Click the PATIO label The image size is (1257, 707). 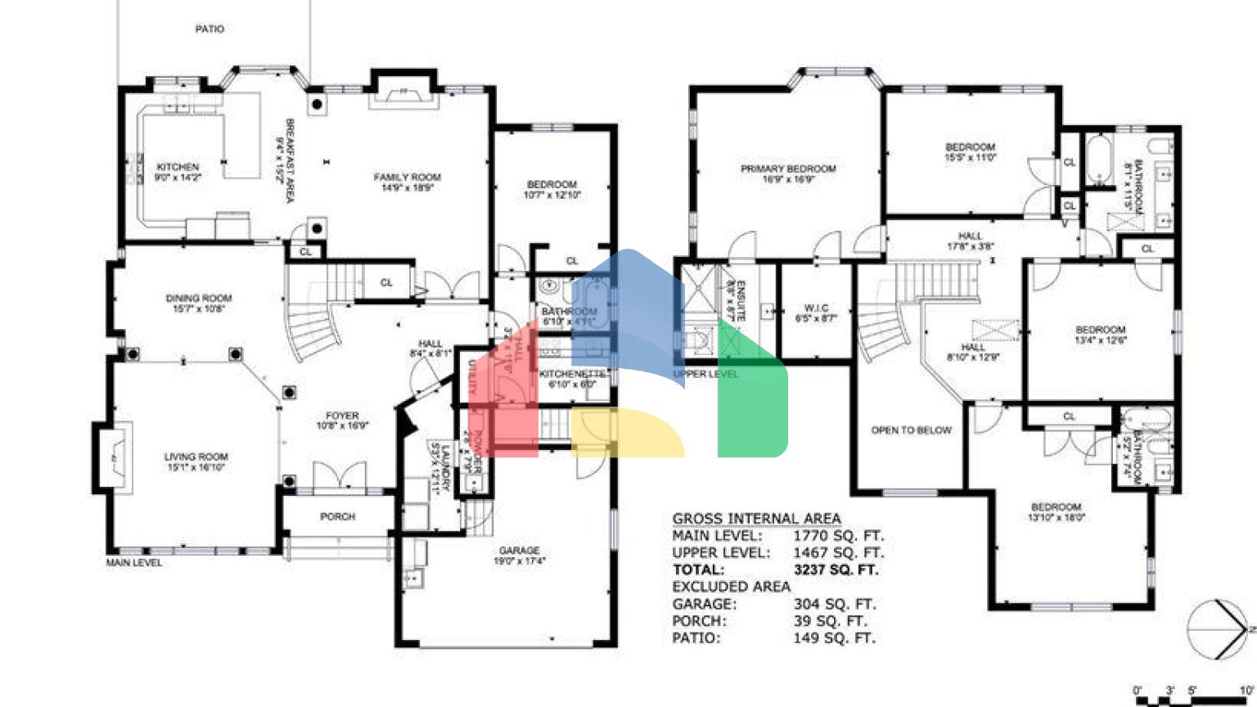pyautogui.click(x=209, y=29)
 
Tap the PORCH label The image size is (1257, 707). pyautogui.click(x=337, y=517)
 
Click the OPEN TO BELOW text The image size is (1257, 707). pyautogui.click(x=911, y=430)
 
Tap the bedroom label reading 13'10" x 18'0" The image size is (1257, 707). pyautogui.click(x=1056, y=512)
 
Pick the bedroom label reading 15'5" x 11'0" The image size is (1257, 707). pyautogui.click(x=970, y=152)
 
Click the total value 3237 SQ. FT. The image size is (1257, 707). pyautogui.click(x=836, y=570)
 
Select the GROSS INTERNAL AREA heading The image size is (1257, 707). pyautogui.click(x=756, y=519)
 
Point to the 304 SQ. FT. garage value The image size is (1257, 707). pyautogui.click(x=834, y=604)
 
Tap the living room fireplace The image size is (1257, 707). pyautogui.click(x=115, y=458)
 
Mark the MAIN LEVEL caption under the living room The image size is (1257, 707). pyautogui.click(x=134, y=563)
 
